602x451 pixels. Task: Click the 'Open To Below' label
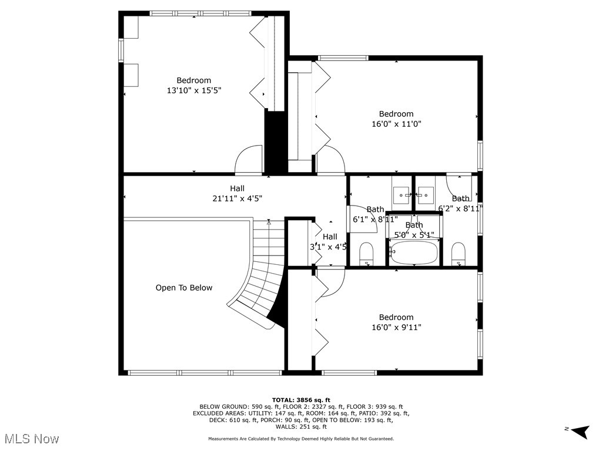[184, 288]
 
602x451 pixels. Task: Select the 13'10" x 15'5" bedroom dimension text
[194, 90]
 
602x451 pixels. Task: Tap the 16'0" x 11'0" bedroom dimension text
[396, 124]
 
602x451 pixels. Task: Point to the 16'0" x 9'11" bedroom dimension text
[396, 327]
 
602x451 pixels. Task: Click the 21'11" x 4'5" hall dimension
[237, 198]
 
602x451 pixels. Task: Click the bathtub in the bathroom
[414, 253]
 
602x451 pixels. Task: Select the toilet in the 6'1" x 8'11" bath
[366, 253]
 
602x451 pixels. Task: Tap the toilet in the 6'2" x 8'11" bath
[459, 253]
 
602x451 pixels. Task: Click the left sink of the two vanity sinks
[402, 193]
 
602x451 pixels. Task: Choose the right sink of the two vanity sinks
[425, 193]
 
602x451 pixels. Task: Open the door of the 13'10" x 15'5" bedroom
[249, 159]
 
